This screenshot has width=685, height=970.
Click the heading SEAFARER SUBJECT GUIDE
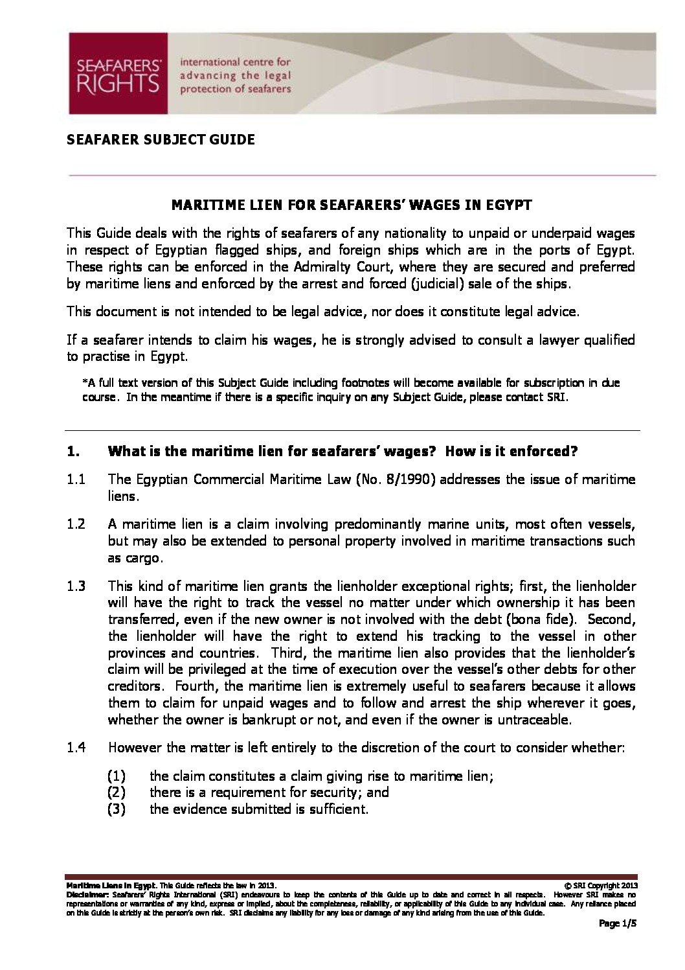click(x=161, y=139)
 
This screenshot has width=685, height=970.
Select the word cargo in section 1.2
click(x=144, y=558)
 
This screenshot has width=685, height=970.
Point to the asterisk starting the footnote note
click(x=84, y=384)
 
